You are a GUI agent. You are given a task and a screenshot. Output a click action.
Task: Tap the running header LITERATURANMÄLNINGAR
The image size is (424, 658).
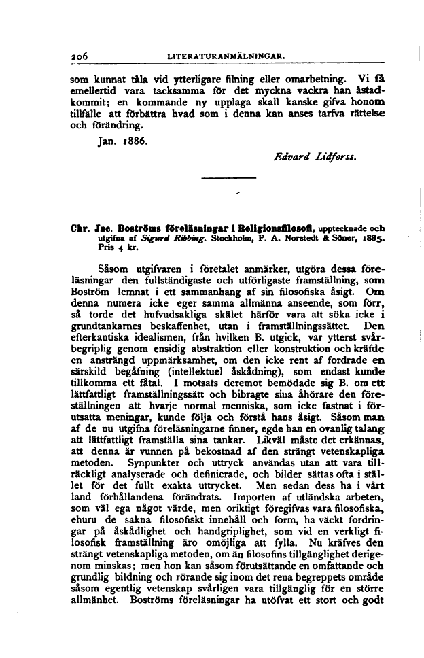click(228, 54)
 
